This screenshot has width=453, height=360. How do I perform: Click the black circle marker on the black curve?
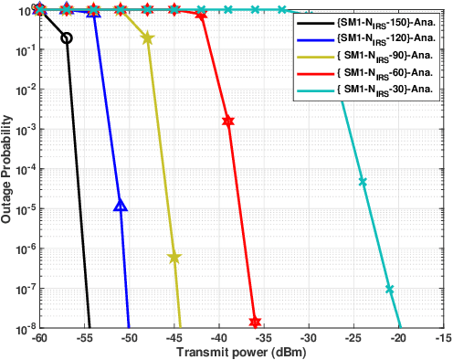66,38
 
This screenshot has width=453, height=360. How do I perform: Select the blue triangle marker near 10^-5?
121,206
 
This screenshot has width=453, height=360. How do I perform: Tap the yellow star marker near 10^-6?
174,259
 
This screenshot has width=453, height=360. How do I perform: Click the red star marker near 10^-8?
255,322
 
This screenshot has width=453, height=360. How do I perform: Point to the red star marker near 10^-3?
228,121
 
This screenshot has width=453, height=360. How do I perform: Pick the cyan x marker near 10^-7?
390,290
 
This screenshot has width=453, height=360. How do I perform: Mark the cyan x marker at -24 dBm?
363,182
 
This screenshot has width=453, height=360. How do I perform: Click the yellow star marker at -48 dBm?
148,38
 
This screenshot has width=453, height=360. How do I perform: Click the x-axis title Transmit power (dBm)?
241,352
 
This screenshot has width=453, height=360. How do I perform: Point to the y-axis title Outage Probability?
7,169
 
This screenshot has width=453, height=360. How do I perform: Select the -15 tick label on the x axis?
442,337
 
